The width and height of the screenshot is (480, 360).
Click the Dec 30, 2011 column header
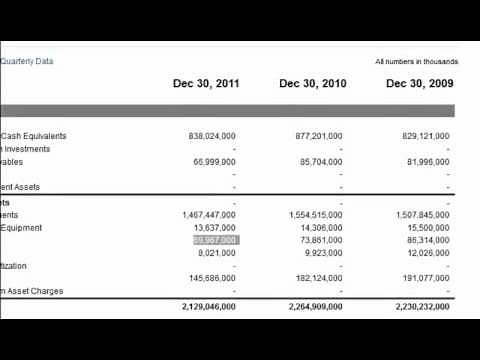click(x=206, y=84)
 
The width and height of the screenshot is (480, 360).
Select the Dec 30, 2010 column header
click(x=313, y=84)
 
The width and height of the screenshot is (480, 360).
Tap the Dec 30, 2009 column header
click(x=419, y=84)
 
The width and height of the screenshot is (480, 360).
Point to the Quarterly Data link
click(x=27, y=62)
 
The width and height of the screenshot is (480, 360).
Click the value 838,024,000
click(x=211, y=136)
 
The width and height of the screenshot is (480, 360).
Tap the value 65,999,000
click(x=214, y=162)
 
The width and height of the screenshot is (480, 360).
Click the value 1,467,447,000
click(x=209, y=215)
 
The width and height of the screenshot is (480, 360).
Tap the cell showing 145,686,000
click(x=211, y=278)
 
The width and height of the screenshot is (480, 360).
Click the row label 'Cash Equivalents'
click(x=34, y=136)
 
